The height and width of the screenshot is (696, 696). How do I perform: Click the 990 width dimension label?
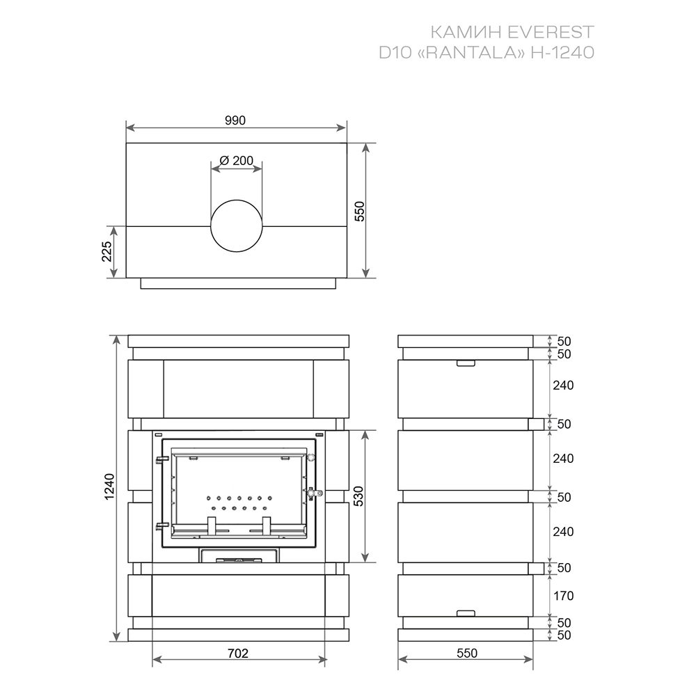235,120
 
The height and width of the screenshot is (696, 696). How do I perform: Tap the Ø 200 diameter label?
236,161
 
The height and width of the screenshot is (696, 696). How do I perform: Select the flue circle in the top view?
237,226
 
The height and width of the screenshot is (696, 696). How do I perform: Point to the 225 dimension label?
106,251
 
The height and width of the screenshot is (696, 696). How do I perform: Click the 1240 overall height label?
110,488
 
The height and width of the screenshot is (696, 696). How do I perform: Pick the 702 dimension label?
238,653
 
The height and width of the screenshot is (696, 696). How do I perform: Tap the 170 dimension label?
564,596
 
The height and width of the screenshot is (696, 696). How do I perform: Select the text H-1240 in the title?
562,52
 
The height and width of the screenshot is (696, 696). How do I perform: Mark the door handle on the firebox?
313,493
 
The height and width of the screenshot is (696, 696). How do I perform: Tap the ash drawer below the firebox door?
238,555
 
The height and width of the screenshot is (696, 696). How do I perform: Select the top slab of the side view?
466,341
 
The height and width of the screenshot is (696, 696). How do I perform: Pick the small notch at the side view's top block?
465,363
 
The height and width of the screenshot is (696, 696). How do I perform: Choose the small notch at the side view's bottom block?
465,612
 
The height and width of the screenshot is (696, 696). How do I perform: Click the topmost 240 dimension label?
564,385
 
